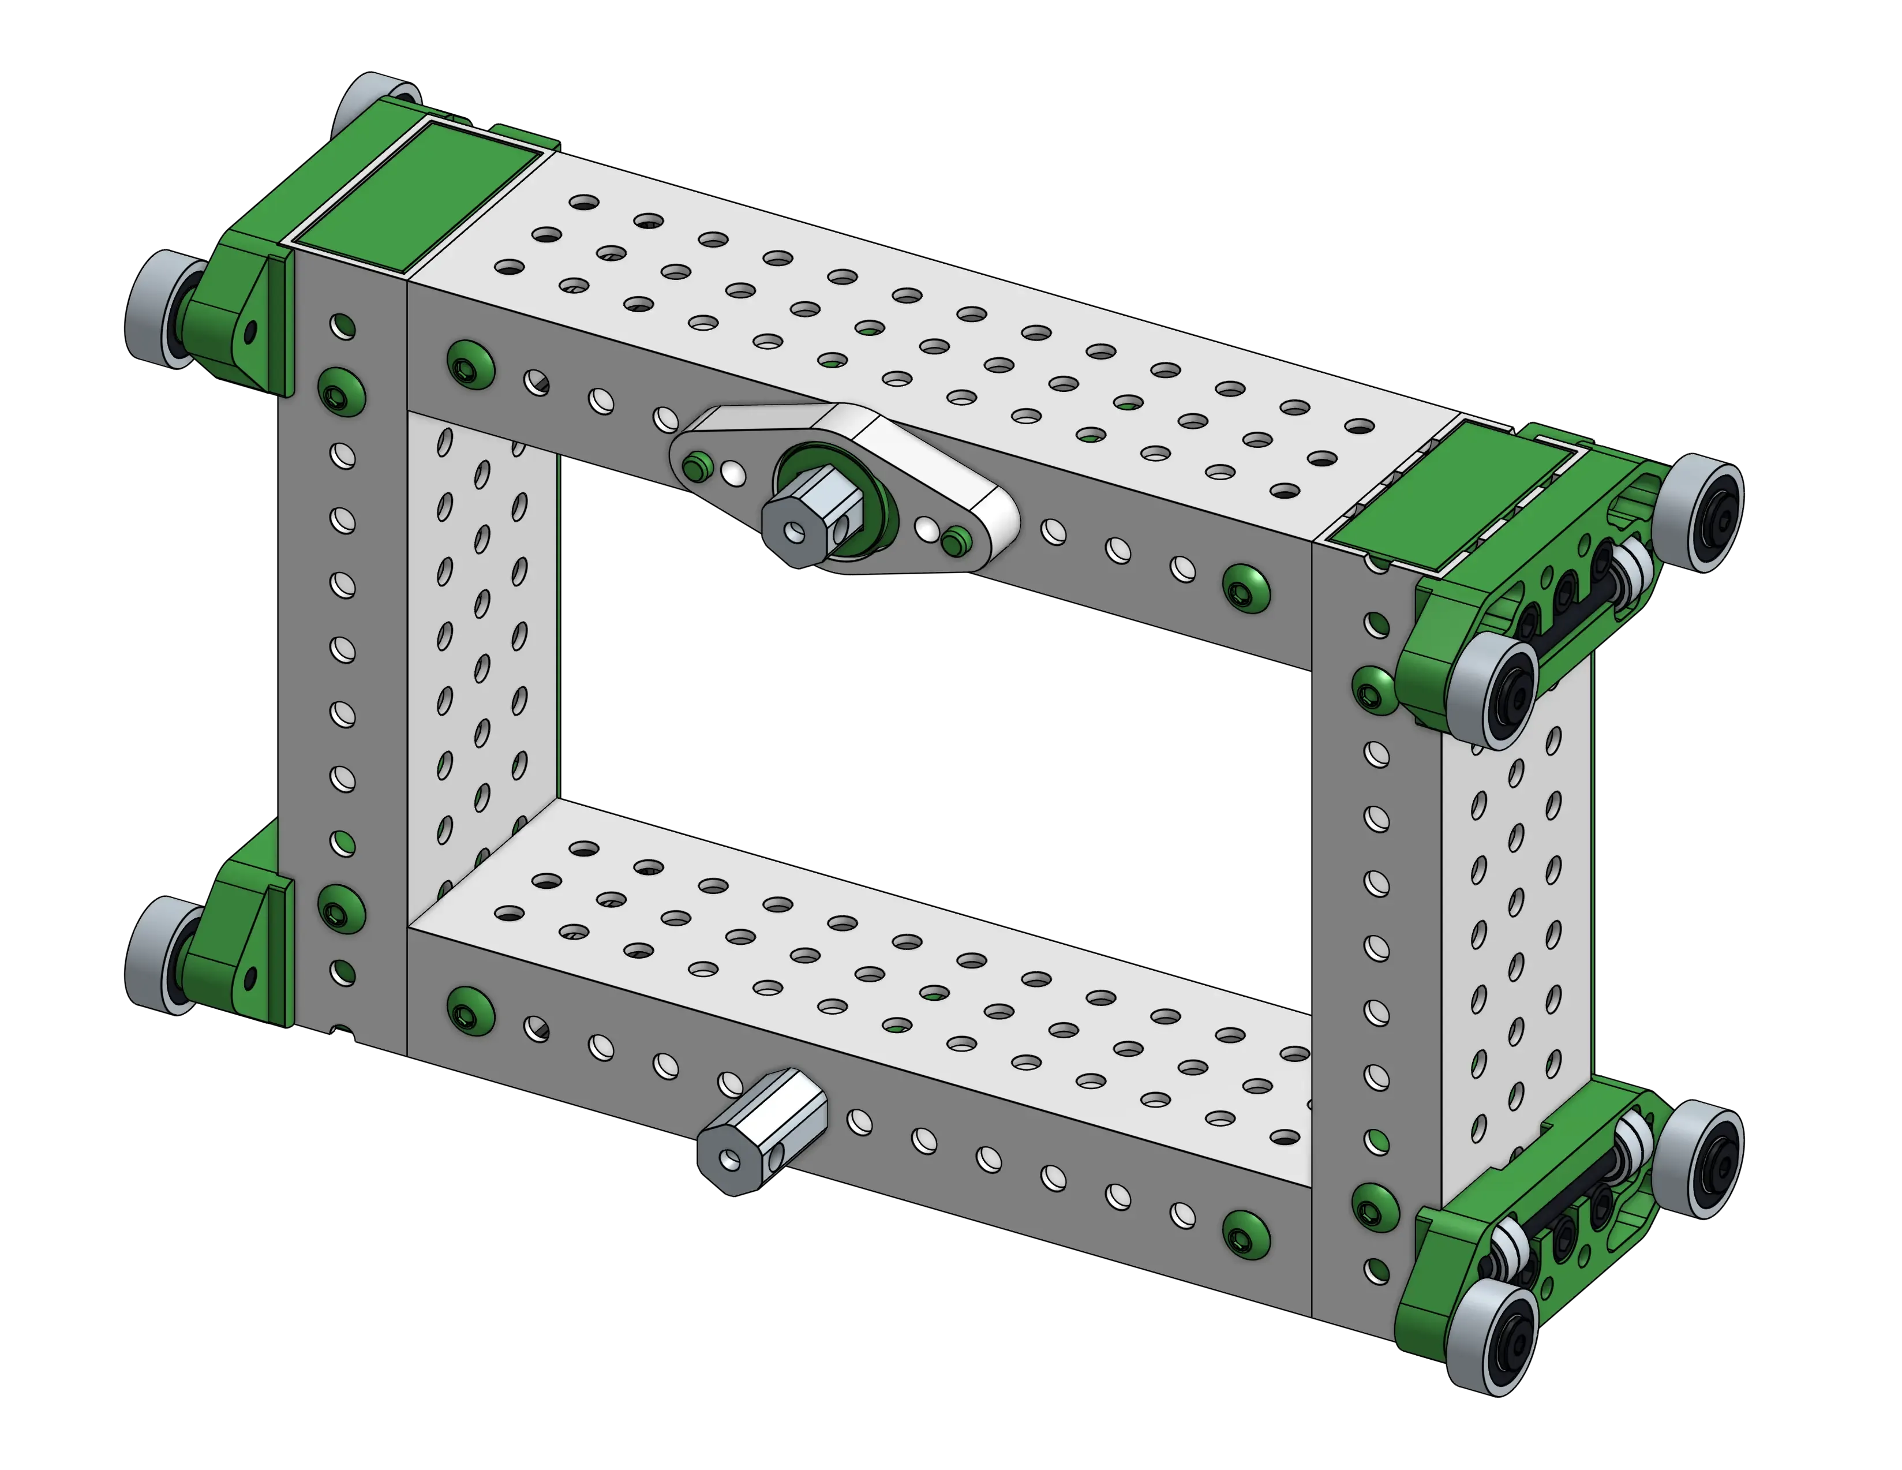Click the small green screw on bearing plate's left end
pos(694,466)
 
